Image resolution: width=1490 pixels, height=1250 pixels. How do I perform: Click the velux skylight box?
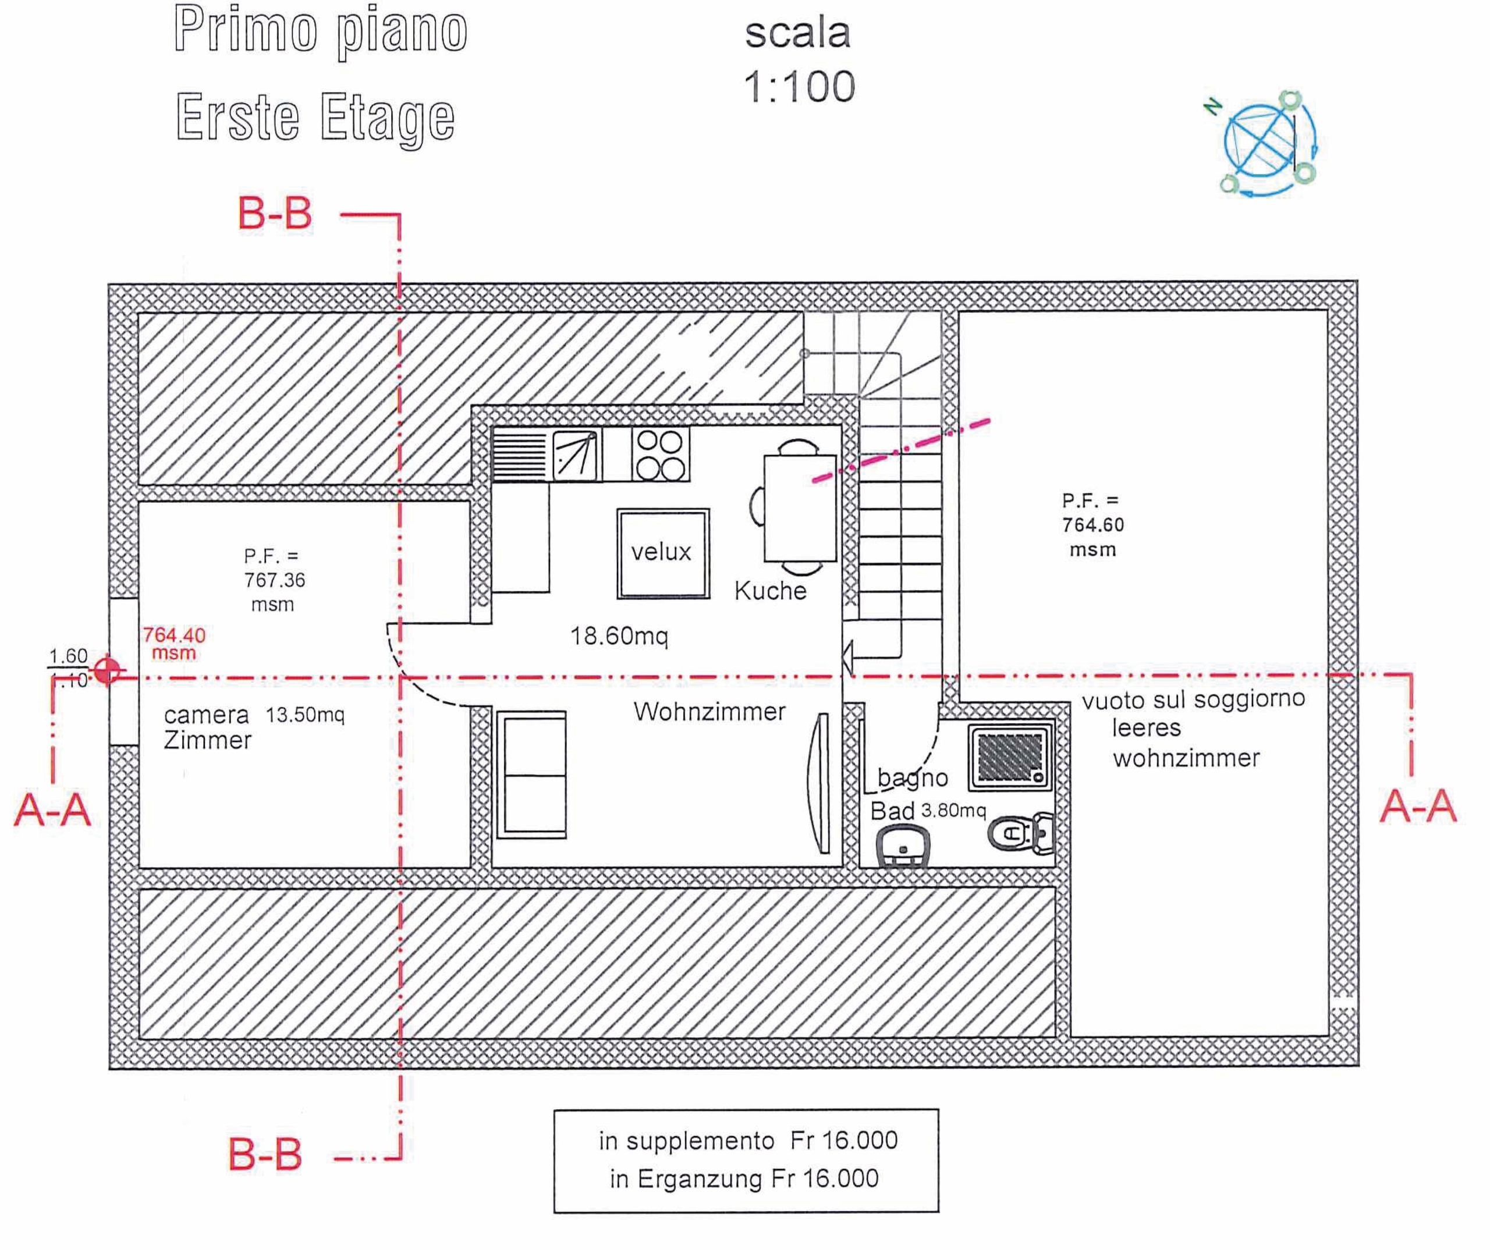click(x=663, y=553)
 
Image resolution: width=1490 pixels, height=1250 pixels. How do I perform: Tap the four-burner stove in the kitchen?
click(x=661, y=454)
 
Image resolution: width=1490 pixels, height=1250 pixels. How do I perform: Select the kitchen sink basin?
click(x=574, y=453)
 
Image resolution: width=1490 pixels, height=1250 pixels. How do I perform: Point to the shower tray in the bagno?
click(x=1010, y=757)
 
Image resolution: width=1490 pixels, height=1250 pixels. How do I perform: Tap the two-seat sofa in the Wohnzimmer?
click(x=531, y=775)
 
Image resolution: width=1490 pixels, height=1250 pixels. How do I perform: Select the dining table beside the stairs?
click(x=799, y=509)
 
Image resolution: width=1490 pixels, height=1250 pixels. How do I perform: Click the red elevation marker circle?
click(x=107, y=670)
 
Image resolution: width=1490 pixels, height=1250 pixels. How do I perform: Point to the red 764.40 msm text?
click(x=174, y=642)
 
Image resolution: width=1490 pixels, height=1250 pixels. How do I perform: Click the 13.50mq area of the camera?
click(x=305, y=715)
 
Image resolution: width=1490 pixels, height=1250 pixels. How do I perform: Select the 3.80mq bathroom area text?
click(x=953, y=810)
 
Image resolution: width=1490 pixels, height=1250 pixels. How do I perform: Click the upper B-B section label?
click(x=275, y=214)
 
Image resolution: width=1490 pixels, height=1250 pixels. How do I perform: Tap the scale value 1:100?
click(x=799, y=87)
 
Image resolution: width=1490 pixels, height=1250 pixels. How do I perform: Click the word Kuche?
click(x=770, y=591)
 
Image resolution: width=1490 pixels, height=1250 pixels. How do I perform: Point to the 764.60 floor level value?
click(x=1092, y=525)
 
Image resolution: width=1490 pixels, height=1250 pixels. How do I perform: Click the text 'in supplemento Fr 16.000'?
click(x=748, y=1141)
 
